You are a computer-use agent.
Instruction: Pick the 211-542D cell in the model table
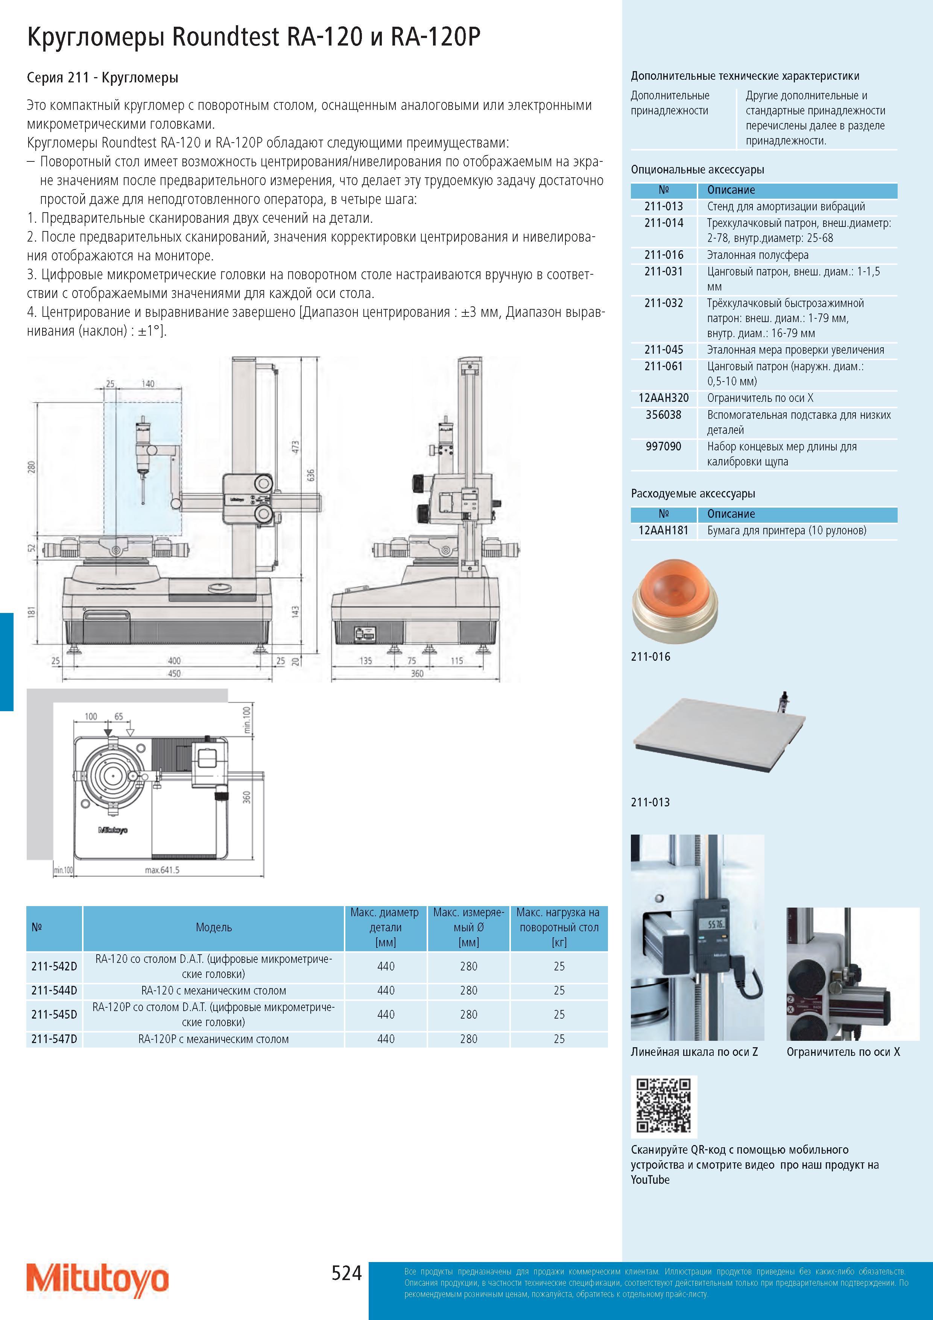point(54,966)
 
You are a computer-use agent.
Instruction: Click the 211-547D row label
point(54,1039)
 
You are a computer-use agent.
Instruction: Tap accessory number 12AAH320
point(663,398)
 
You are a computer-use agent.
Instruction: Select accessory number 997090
point(663,446)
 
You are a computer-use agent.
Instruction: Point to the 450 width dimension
point(173,673)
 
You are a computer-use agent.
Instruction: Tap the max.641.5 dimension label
point(162,870)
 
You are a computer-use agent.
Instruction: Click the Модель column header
point(214,927)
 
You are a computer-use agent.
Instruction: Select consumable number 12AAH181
point(663,530)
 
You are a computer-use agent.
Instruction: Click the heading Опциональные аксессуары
point(697,170)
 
